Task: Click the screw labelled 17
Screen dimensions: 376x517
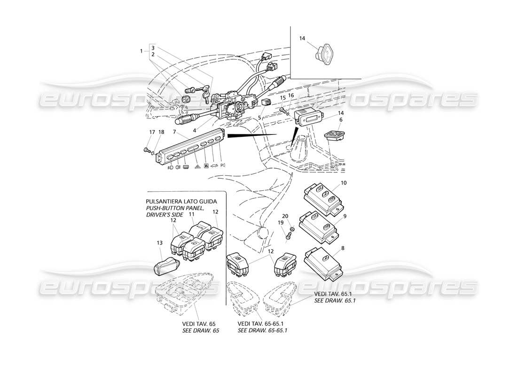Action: (x=147, y=150)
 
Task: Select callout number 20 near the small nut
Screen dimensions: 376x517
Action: (x=291, y=217)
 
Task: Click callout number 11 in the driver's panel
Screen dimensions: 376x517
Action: (x=192, y=214)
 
